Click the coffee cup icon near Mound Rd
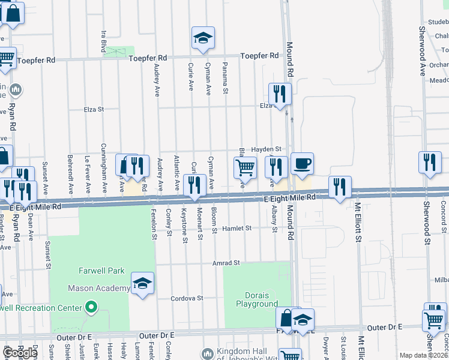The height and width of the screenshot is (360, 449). (x=302, y=163)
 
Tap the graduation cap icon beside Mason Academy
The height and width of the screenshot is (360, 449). (x=142, y=283)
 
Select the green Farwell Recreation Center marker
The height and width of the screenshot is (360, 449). (x=91, y=308)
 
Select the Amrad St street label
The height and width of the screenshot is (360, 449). (x=226, y=263)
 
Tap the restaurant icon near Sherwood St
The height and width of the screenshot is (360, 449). (x=430, y=162)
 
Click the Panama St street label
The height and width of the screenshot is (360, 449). (x=226, y=72)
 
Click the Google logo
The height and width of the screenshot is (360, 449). (x=20, y=353)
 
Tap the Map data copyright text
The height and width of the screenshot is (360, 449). (x=423, y=355)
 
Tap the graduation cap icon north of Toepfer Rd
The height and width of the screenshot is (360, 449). (x=203, y=38)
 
